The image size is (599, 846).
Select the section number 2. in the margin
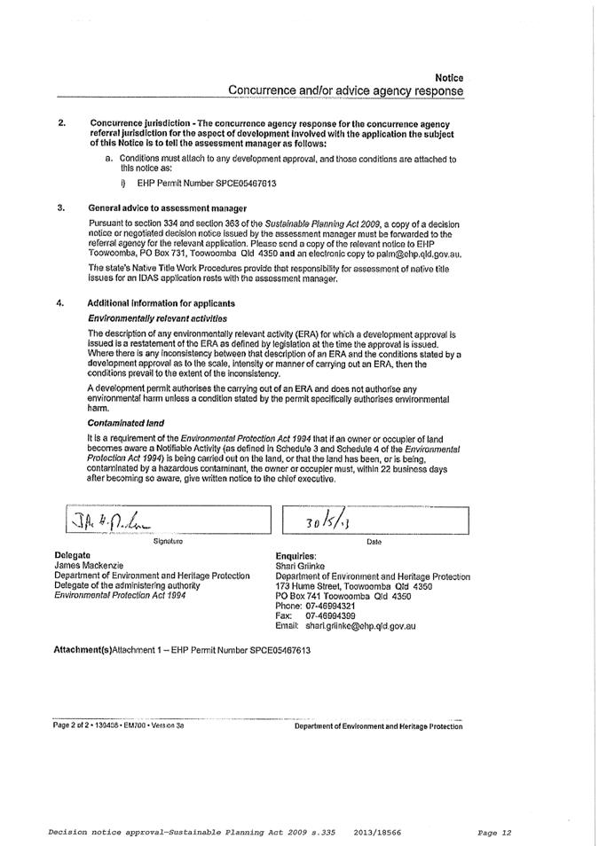click(x=61, y=122)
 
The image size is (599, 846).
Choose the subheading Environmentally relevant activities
click(x=157, y=317)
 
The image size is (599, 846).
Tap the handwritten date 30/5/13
click(x=327, y=521)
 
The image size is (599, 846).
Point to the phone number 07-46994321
click(x=330, y=606)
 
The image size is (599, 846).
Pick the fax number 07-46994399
click(x=330, y=615)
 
